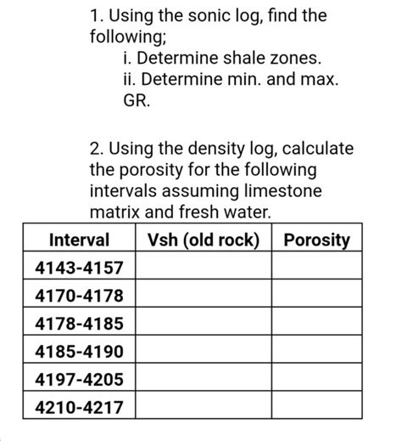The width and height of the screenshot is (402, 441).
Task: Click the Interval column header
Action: [x=79, y=240]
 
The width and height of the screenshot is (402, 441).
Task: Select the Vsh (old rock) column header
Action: [x=203, y=240]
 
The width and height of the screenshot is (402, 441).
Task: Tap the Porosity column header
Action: [x=316, y=240]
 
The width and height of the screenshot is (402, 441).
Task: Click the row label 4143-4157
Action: [x=79, y=269]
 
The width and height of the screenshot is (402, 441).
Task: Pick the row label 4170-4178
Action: [x=79, y=296]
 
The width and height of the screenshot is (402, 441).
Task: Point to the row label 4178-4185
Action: [x=79, y=324]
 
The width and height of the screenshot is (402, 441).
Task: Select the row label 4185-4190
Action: [x=79, y=351]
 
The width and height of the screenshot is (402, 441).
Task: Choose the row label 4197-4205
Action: [x=79, y=379]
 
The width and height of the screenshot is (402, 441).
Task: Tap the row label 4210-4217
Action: [x=79, y=407]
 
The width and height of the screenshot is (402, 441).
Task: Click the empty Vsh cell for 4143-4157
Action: [x=203, y=269]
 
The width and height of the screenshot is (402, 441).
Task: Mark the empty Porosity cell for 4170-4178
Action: [x=316, y=296]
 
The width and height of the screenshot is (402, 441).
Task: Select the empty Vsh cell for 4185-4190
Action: [x=203, y=351]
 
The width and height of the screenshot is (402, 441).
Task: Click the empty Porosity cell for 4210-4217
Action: [x=316, y=407]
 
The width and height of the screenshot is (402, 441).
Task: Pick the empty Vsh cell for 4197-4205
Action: [x=203, y=379]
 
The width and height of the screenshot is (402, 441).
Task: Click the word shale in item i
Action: [x=230, y=59]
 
